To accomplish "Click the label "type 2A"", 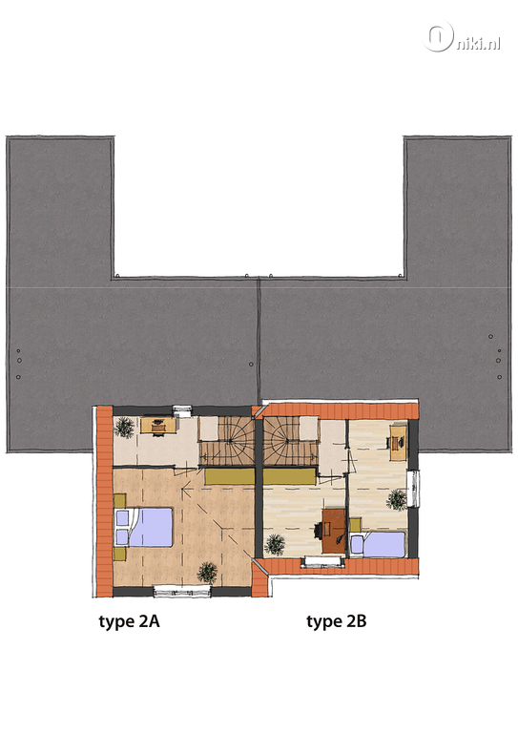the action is coord(129,622).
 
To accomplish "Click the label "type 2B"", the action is coord(337,622).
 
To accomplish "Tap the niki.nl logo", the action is coord(463,37).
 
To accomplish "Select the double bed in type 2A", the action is coord(144,527).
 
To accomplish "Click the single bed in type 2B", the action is coord(378,544).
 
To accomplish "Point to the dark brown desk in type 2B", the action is coord(334,531).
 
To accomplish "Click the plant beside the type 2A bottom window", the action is coord(207,573).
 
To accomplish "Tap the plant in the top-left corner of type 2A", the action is coord(125,427).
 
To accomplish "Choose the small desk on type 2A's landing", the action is coord(158,426).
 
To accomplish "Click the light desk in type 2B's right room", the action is coord(398,441).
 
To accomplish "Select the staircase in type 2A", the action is coord(226,441).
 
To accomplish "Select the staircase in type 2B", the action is coord(291,441).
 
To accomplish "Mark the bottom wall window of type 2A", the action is coord(182,592).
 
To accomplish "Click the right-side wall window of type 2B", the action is coord(413,489).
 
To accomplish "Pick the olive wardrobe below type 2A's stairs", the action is coord(230,477).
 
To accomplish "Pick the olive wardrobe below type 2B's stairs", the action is coord(290,477).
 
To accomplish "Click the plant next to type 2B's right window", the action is coord(397,499).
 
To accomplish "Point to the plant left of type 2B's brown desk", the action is coord(275,544).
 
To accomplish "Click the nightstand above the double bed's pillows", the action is coord(119,501).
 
